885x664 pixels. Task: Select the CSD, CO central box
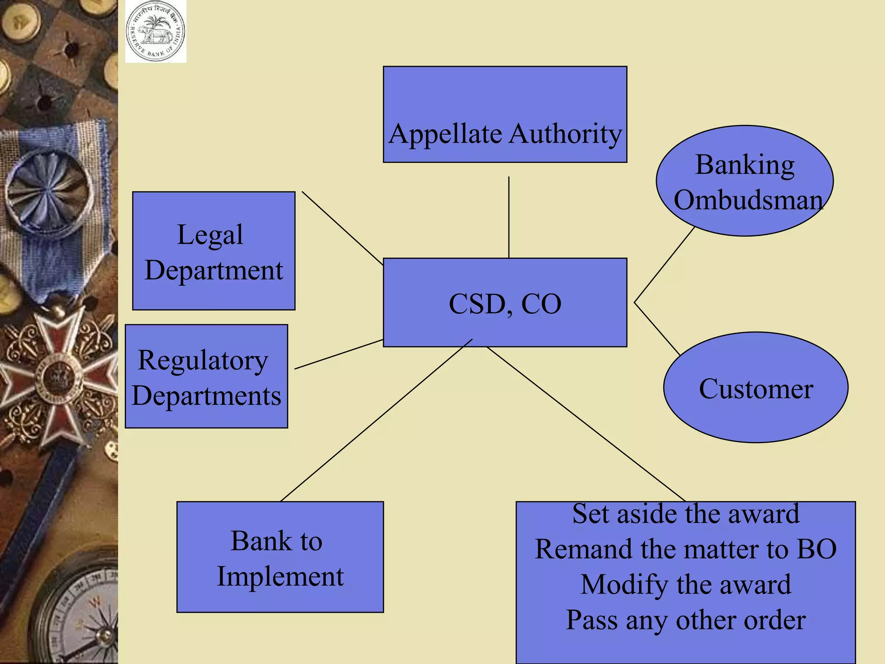tap(505, 302)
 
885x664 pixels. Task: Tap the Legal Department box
tap(213, 251)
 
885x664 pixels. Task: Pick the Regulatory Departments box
tap(206, 376)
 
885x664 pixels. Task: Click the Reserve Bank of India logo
tap(156, 32)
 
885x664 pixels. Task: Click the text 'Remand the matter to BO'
tap(686, 549)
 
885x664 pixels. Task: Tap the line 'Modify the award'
tap(686, 584)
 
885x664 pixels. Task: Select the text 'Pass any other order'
tap(686, 620)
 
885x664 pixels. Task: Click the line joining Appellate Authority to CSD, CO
tap(509, 216)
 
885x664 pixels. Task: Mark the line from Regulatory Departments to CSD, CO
tap(338, 354)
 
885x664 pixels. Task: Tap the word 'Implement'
tap(280, 576)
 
